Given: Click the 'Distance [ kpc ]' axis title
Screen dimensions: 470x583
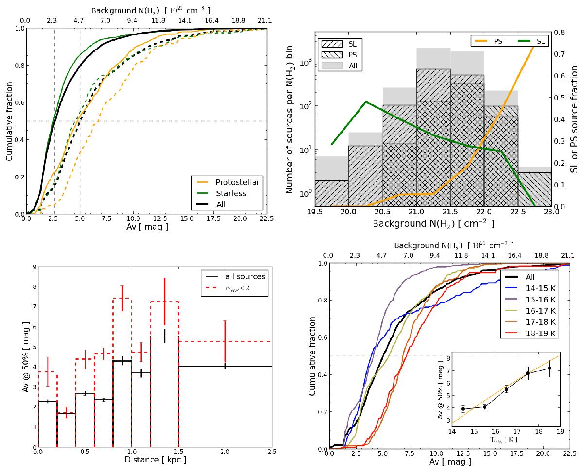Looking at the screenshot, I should pos(154,459).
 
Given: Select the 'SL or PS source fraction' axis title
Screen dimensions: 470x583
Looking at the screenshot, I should pos(574,119).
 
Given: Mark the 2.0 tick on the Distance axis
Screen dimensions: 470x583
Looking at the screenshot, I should pos(225,451).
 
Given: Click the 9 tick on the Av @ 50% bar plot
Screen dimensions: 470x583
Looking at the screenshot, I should pos(33,266).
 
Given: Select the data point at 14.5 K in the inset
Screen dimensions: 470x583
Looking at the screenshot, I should pos(463,409).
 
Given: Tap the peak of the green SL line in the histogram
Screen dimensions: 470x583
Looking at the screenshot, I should pos(365,102).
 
